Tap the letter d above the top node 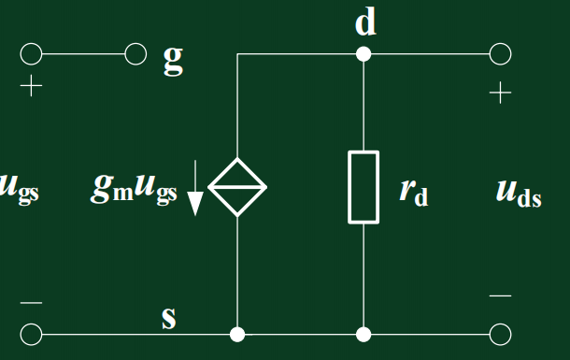365,22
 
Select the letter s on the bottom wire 168,318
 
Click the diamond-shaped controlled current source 237,187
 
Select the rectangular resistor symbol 363,187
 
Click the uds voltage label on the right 519,194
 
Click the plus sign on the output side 500,93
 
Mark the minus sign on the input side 32,303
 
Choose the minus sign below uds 501,296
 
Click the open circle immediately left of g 136,54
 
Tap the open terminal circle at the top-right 501,54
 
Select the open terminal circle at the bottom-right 501,333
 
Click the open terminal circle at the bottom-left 32,333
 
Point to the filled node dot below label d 363,54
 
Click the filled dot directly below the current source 237,333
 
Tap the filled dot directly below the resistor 363,333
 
